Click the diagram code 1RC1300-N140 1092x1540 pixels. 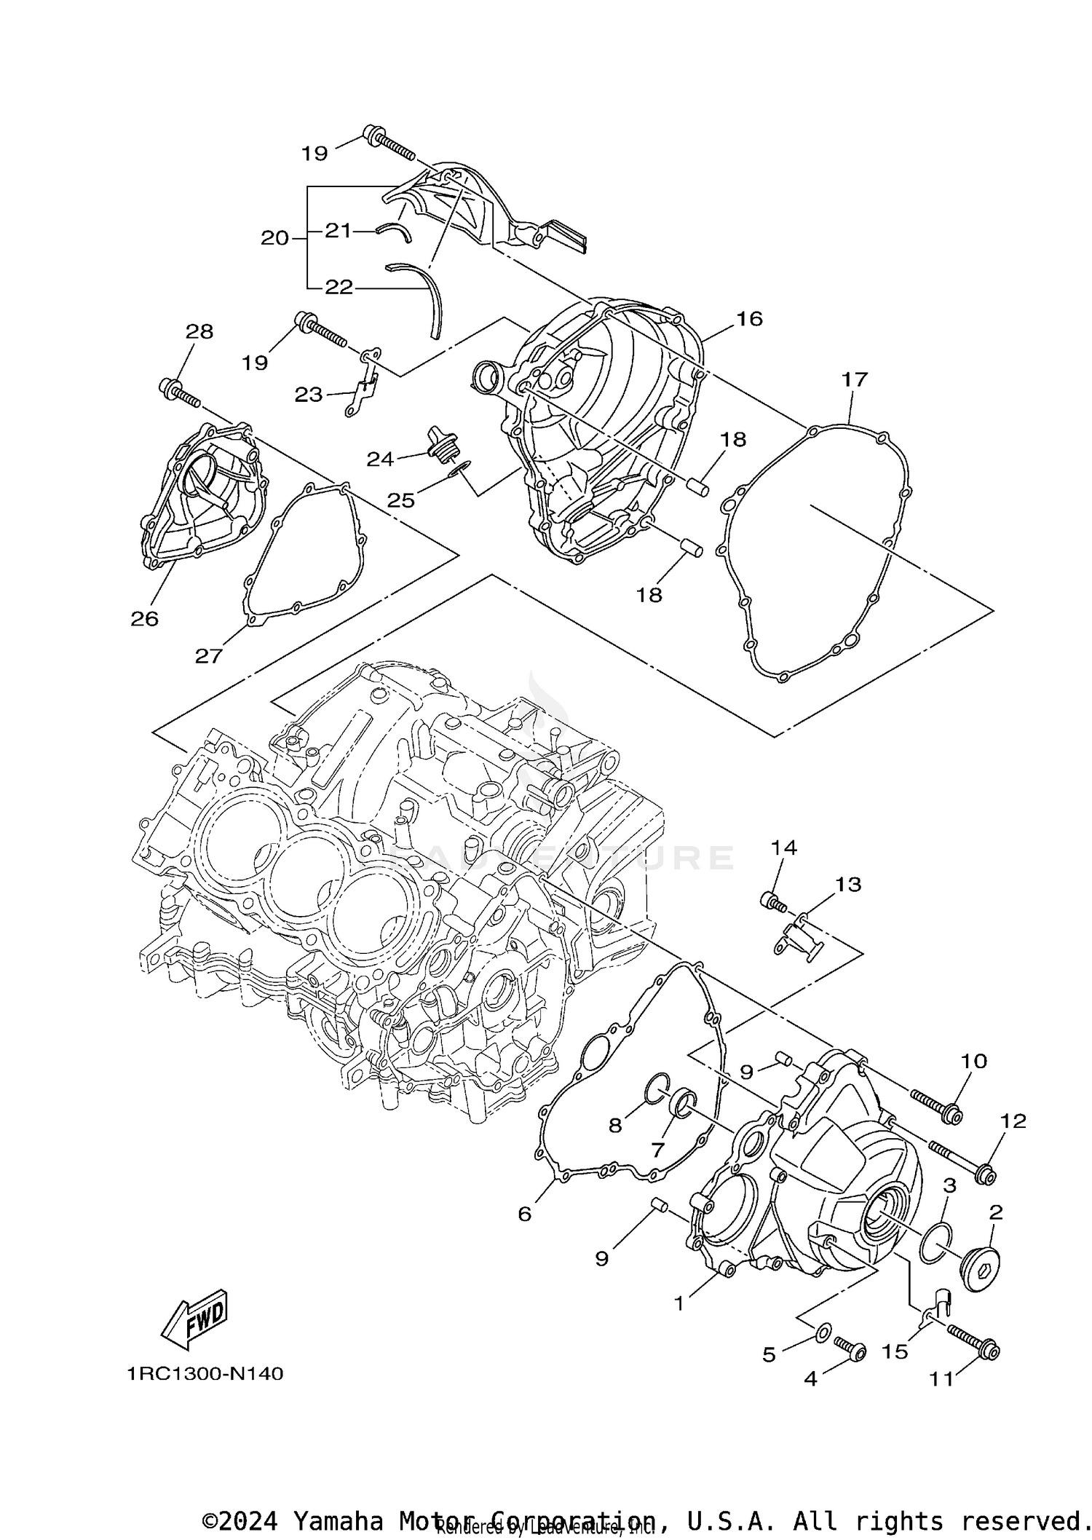click(x=205, y=1373)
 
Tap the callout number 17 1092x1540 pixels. click(x=855, y=379)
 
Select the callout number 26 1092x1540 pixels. click(x=144, y=618)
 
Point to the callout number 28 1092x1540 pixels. click(x=199, y=331)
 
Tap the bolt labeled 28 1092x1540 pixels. click(x=179, y=392)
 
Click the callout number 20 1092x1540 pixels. click(x=275, y=237)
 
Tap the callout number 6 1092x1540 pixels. click(x=525, y=1213)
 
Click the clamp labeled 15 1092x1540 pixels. click(x=934, y=1305)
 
